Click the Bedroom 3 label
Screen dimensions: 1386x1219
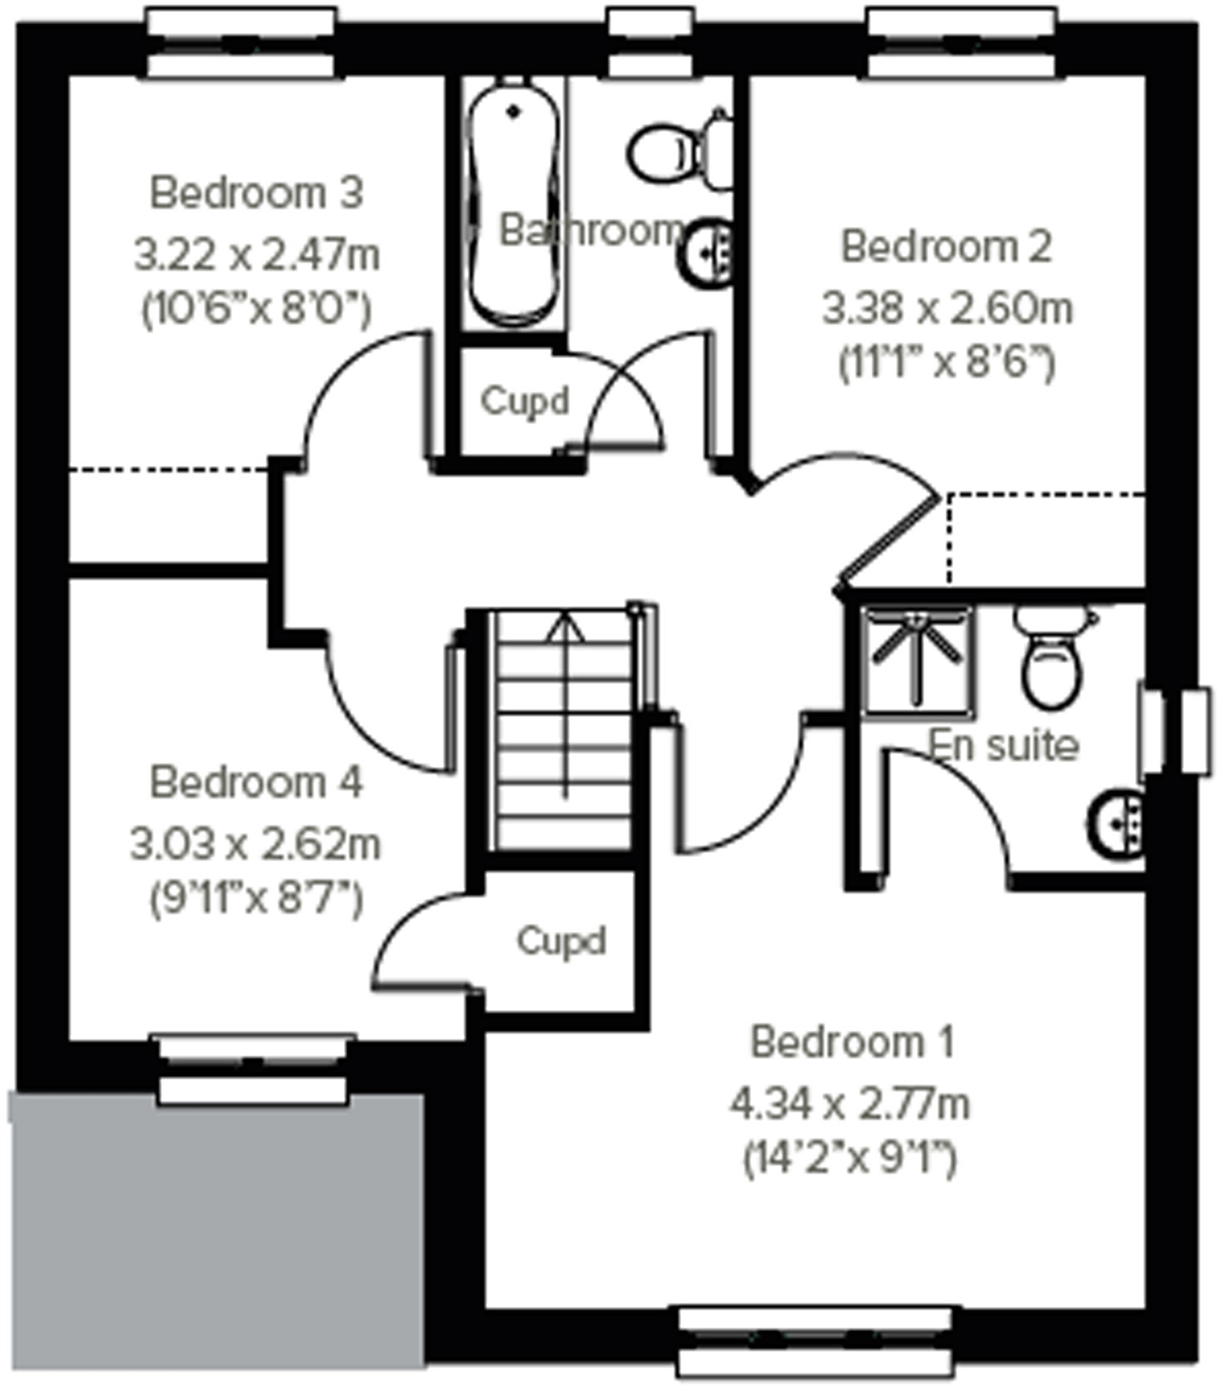256,193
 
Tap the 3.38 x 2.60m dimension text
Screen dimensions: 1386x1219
947,308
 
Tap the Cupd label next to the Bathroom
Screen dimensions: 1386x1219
525,401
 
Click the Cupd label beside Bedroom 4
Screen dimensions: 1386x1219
560,941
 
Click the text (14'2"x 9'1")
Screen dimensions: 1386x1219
849,1159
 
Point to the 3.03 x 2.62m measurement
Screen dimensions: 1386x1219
256,845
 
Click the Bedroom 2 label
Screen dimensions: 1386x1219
946,247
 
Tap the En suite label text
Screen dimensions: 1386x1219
1004,745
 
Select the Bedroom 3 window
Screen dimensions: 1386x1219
242,42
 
